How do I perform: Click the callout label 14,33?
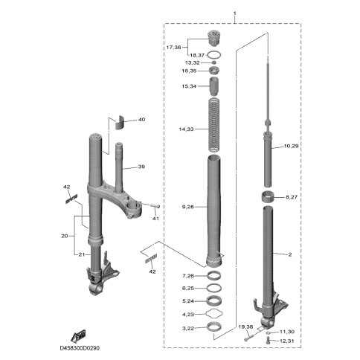(186, 129)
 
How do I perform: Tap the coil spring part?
(213, 125)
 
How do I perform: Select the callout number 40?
(141, 120)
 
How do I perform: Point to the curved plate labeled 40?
(120, 122)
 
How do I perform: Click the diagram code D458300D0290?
(80, 348)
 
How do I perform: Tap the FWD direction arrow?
(78, 336)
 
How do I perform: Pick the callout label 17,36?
(173, 48)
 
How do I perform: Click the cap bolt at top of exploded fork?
(213, 38)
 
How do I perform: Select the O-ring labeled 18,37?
(213, 55)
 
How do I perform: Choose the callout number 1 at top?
(235, 13)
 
